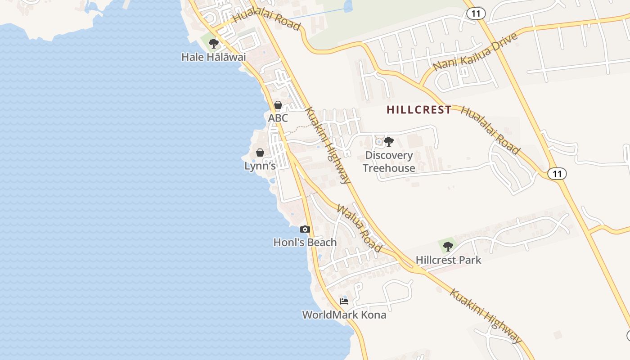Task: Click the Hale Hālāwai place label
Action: pyautogui.click(x=214, y=57)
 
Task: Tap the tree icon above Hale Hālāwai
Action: pyautogui.click(x=214, y=44)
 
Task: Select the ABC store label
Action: pyautogui.click(x=278, y=118)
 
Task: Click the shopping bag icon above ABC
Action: pyautogui.click(x=278, y=105)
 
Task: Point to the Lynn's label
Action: pyautogui.click(x=260, y=166)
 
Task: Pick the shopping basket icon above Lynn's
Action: pyautogui.click(x=260, y=153)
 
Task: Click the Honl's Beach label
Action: pyautogui.click(x=305, y=242)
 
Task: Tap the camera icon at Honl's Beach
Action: pyautogui.click(x=305, y=229)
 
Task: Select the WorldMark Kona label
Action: pyautogui.click(x=344, y=315)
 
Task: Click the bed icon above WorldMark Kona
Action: pyautogui.click(x=344, y=301)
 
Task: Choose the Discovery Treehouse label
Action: pyautogui.click(x=389, y=162)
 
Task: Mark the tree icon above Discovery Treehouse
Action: pyautogui.click(x=389, y=142)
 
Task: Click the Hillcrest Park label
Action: pyautogui.click(x=448, y=260)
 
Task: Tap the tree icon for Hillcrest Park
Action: pyautogui.click(x=448, y=246)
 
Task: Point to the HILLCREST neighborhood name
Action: pyautogui.click(x=419, y=109)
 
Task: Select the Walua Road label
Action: pyautogui.click(x=360, y=229)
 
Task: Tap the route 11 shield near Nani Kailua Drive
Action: pyautogui.click(x=476, y=13)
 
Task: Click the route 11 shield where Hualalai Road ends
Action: pyautogui.click(x=557, y=173)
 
